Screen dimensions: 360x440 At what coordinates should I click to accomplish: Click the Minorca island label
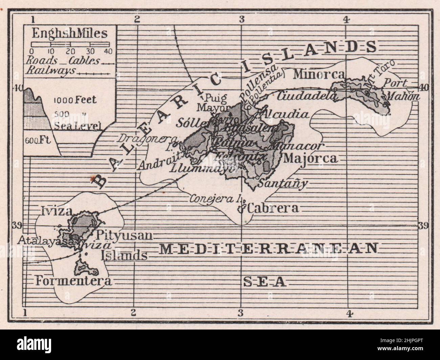click(x=319, y=74)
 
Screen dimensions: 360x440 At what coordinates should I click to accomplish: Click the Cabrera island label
click(x=273, y=208)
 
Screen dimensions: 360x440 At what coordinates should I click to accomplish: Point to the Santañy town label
click(x=283, y=183)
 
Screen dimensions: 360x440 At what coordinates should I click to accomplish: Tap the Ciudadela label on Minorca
click(x=307, y=96)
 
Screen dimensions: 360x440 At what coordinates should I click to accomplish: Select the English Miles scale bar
click(x=70, y=44)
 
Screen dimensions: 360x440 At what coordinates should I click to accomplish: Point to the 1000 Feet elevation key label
click(x=75, y=100)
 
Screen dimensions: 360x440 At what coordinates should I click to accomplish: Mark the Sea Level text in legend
click(x=78, y=127)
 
